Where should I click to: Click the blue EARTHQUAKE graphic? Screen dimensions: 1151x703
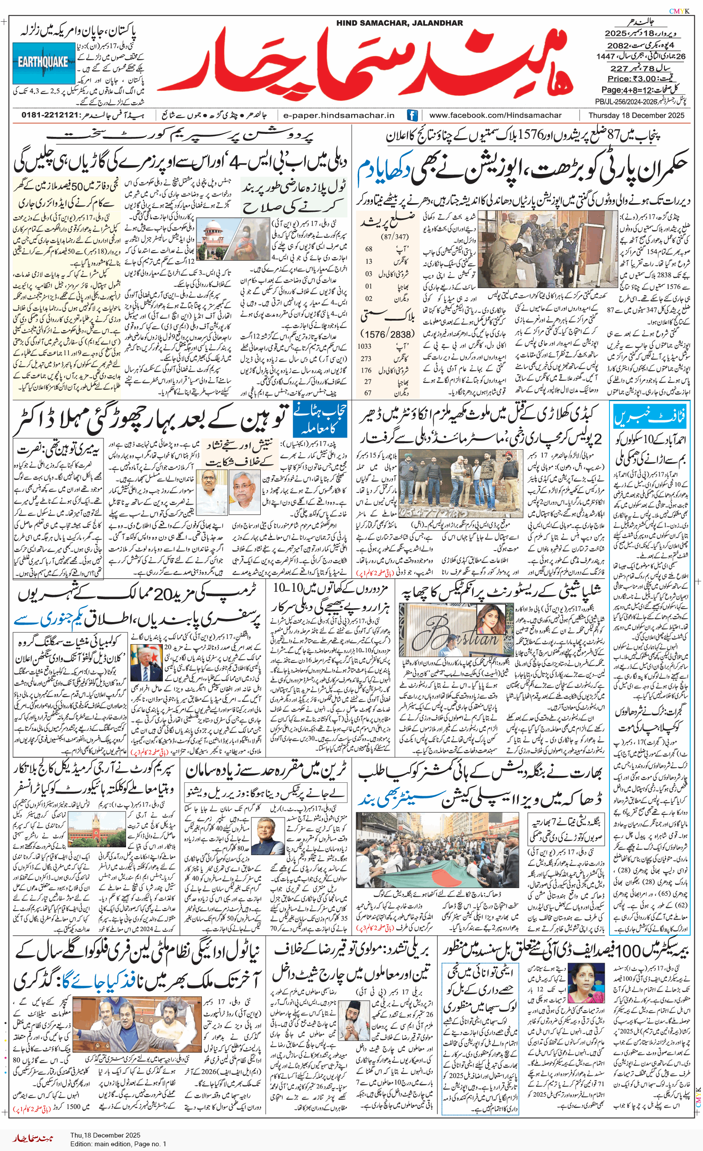coord(43,62)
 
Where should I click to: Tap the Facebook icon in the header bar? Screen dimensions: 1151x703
coord(412,115)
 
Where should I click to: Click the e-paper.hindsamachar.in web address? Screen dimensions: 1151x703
coord(339,115)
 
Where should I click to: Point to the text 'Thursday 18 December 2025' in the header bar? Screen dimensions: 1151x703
coord(636,115)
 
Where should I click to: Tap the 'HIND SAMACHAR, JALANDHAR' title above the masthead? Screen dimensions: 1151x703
coord(399,23)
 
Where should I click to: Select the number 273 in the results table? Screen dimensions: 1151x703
coord(366,358)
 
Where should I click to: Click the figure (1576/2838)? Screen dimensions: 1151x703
coord(387,334)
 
